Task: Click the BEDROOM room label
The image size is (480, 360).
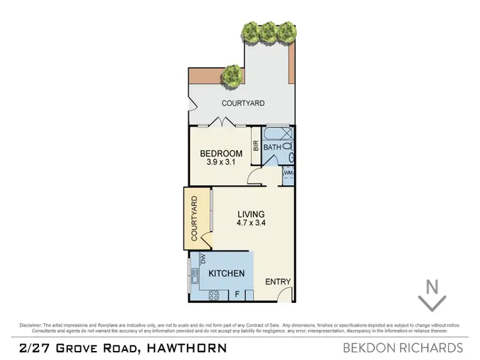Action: [x=221, y=154]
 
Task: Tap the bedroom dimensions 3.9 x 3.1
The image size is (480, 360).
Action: [x=221, y=163]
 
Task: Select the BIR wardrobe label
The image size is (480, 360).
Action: [x=255, y=145]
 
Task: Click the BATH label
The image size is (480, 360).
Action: [x=273, y=147]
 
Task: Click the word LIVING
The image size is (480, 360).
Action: [x=251, y=215]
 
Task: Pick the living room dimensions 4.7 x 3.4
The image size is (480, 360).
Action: [x=251, y=224]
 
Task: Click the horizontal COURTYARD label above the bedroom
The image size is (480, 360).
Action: [x=243, y=103]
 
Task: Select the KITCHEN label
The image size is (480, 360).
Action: [x=227, y=274]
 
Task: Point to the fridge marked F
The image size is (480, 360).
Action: [x=237, y=295]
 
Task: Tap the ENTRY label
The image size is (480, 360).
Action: [x=278, y=282]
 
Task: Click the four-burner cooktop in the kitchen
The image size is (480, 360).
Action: [x=214, y=295]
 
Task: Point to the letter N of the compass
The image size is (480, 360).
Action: [x=432, y=287]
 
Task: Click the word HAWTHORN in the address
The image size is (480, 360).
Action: [x=186, y=348]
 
